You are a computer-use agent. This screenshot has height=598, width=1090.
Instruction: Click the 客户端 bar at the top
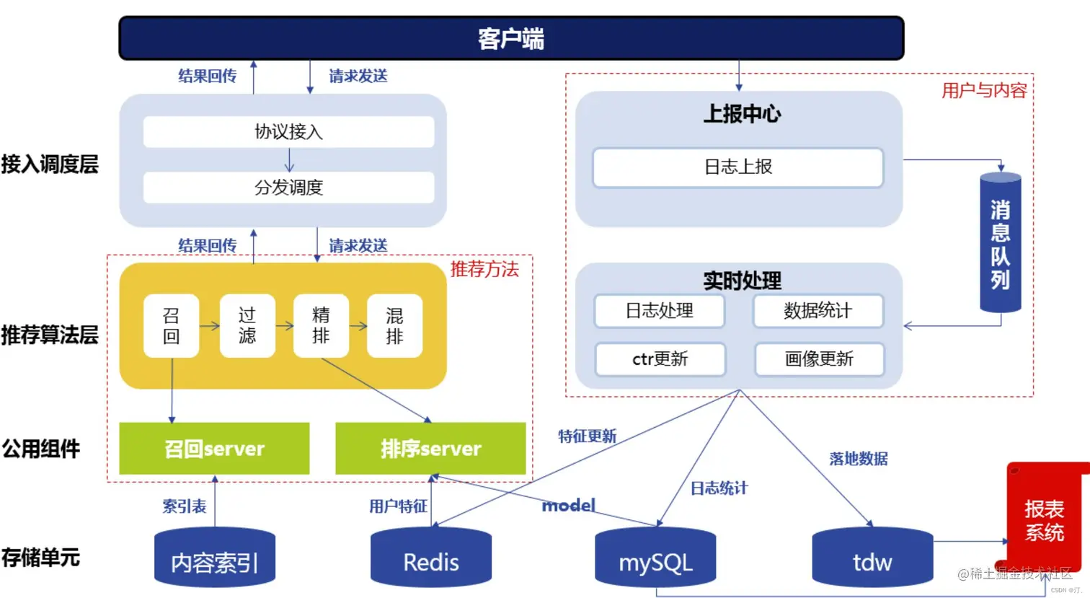[x=510, y=38]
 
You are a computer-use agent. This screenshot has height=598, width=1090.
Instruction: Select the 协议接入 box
[x=288, y=132]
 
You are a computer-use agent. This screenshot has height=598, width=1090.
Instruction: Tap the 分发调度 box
[x=288, y=188]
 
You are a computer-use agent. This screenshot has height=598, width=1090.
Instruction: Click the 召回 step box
[x=172, y=326]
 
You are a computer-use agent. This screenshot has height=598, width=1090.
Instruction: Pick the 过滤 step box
[x=247, y=326]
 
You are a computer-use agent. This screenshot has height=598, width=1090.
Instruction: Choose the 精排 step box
[x=321, y=326]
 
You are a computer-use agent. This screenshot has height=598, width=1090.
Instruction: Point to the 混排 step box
[x=394, y=326]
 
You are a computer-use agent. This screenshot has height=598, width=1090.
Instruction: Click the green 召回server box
[x=214, y=449]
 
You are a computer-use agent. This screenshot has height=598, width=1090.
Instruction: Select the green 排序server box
[x=430, y=449]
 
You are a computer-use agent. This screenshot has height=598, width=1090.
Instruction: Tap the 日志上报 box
[x=737, y=167]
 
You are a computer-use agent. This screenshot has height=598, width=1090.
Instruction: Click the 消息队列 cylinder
[x=1000, y=243]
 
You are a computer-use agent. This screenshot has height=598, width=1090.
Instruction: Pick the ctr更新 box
[x=660, y=359]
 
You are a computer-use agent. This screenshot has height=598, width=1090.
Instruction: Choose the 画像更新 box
[x=819, y=359]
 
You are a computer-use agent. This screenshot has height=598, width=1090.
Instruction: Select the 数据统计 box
[x=817, y=311]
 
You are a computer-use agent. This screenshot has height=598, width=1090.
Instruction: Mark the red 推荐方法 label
[x=484, y=270]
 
